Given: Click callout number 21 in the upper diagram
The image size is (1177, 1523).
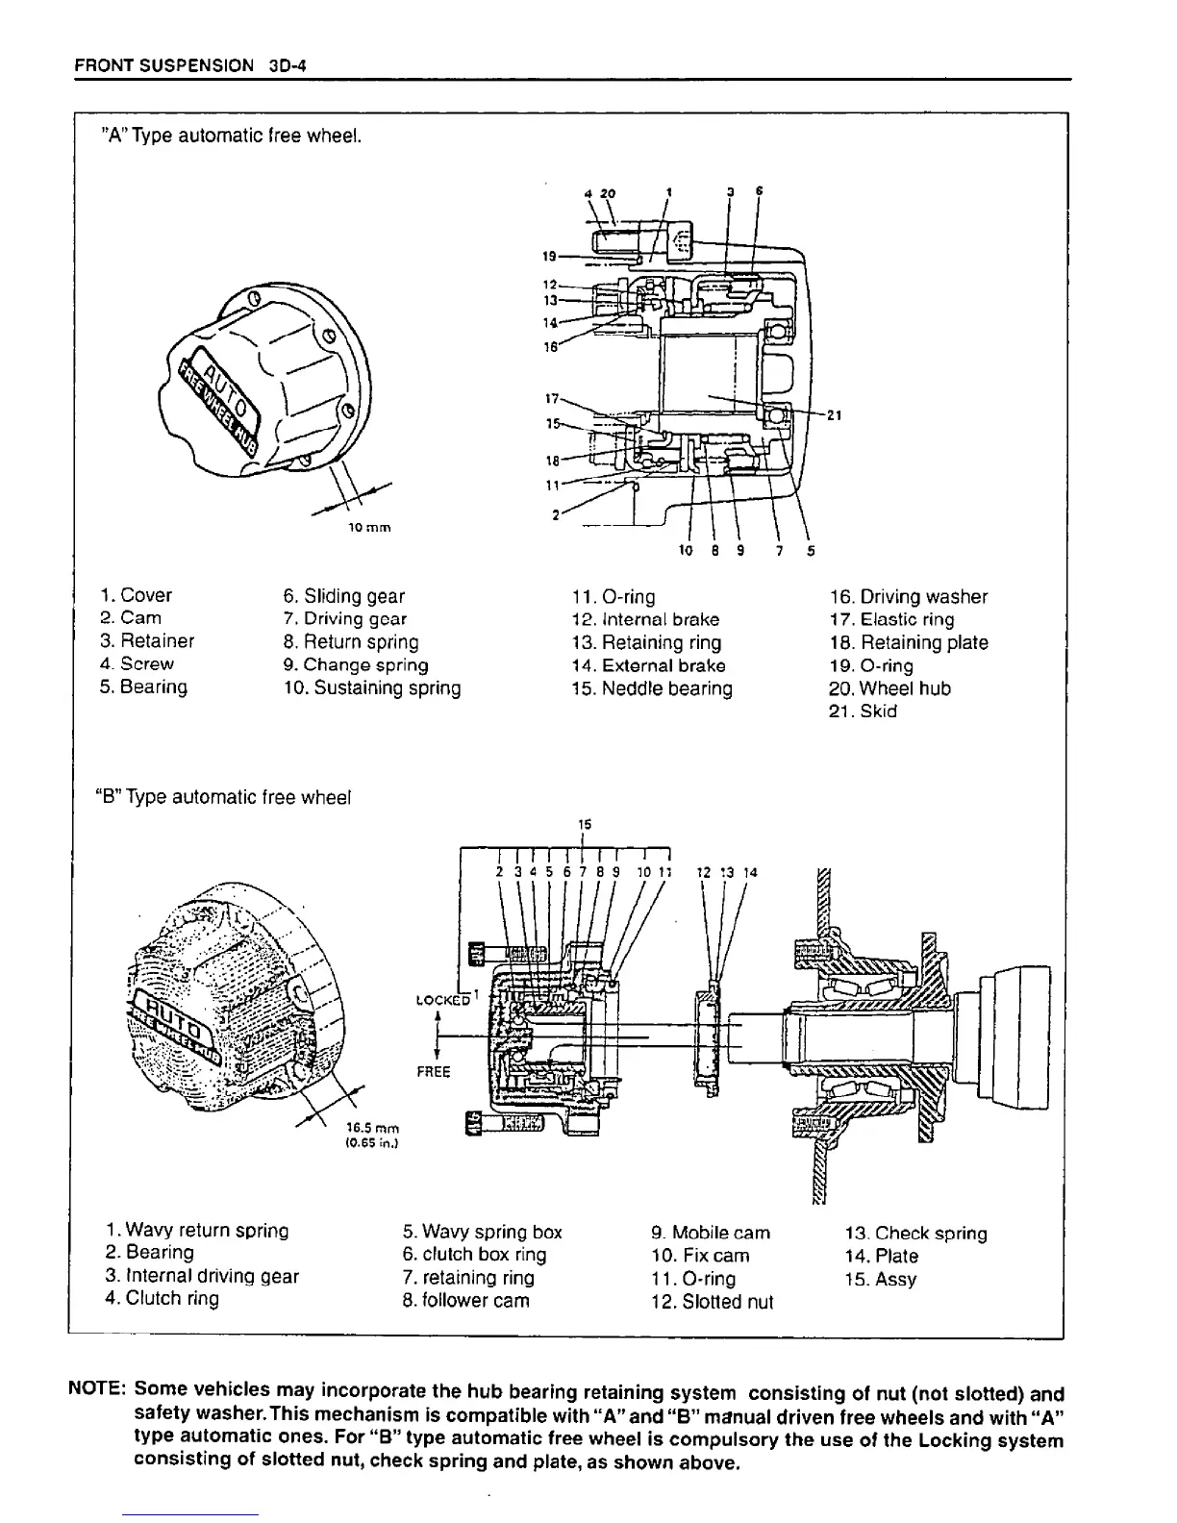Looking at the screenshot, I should pos(834,415).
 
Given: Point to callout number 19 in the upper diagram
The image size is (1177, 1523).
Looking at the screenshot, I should pos(549,256).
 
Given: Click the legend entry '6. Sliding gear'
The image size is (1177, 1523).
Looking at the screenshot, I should pos(344,596).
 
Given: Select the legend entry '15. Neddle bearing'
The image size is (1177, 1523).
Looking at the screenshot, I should pos(652,688).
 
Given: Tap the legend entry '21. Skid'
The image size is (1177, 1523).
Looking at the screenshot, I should pos(862,712).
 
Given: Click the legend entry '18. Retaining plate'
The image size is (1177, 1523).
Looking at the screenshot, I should pos(908,642).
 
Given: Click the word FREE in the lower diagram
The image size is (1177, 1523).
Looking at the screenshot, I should pos(434,1071).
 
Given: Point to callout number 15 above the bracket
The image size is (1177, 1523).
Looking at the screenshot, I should pos(584,824).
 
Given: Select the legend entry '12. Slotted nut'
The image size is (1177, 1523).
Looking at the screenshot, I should pos(712,1303).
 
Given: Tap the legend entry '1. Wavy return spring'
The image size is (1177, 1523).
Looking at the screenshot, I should pos(198,1231).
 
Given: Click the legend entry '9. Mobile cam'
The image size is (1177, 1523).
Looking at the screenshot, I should pos(710,1233).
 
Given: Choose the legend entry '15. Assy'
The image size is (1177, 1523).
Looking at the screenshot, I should pos(880,1280).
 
